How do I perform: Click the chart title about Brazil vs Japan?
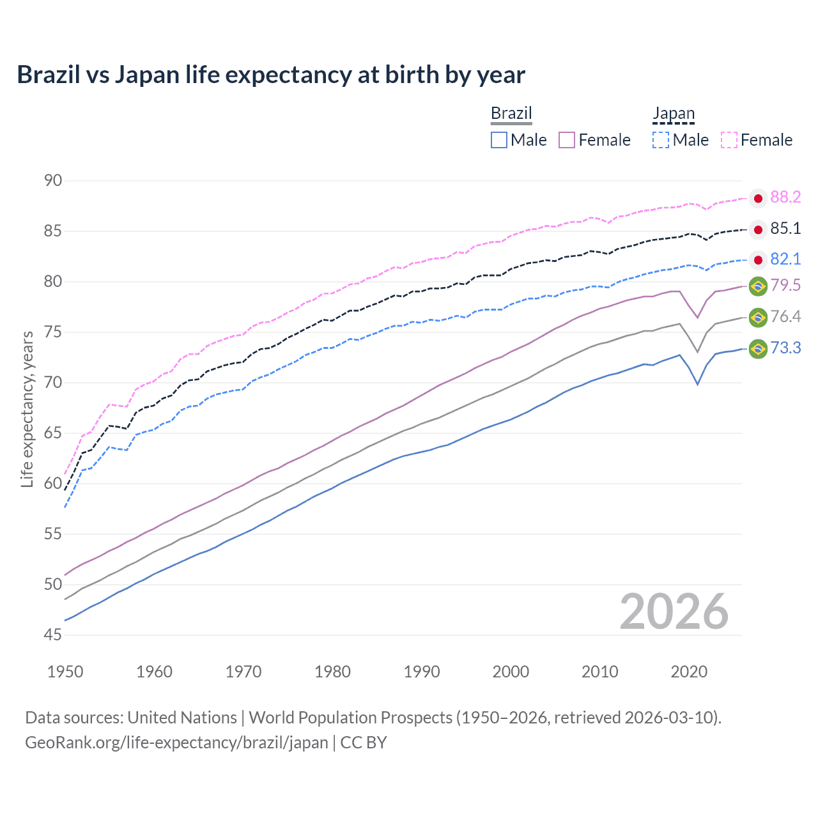[271, 75]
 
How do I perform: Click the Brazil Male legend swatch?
[499, 140]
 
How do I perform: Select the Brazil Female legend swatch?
[567, 140]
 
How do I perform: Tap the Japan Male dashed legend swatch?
[661, 140]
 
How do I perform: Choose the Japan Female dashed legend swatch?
[729, 140]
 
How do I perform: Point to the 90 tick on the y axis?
[53, 181]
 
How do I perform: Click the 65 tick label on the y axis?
[53, 433]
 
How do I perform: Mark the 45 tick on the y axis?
[53, 635]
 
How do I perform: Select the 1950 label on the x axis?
[65, 672]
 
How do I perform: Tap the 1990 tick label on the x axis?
[422, 672]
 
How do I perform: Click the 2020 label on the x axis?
[689, 672]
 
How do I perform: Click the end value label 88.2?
[785, 197]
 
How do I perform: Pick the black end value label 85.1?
[785, 229]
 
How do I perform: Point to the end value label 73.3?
[785, 348]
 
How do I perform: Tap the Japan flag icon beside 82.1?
[758, 259]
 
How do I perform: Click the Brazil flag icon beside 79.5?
[758, 286]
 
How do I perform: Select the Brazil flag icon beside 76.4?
[758, 317]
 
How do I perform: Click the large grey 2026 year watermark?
[674, 612]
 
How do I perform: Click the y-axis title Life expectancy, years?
[27, 409]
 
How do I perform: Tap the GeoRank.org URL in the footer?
[176, 743]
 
